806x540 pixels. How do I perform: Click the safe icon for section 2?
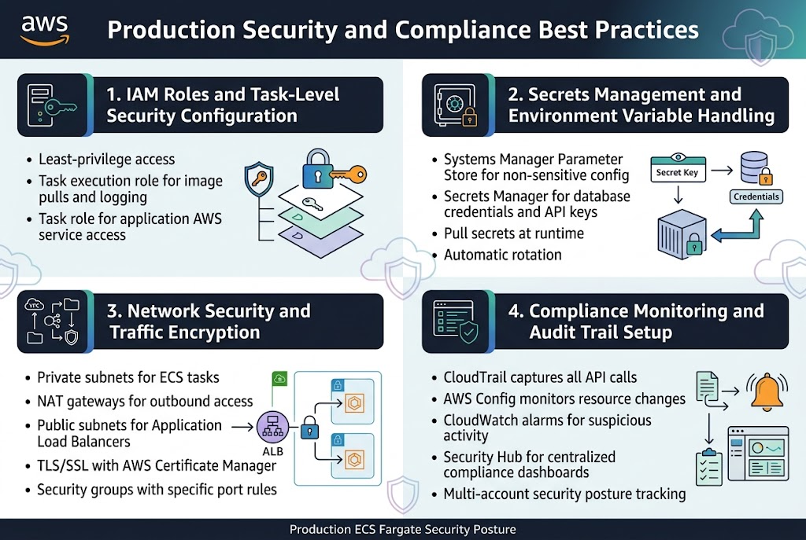453,105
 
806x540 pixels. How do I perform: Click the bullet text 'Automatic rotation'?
502,255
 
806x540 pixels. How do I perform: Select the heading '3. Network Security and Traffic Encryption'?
209,321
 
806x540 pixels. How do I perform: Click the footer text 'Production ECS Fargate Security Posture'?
402,530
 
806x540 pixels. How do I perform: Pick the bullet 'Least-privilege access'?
106,160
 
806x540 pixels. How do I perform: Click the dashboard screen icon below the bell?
758,455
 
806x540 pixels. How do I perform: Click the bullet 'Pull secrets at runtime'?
513,233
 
